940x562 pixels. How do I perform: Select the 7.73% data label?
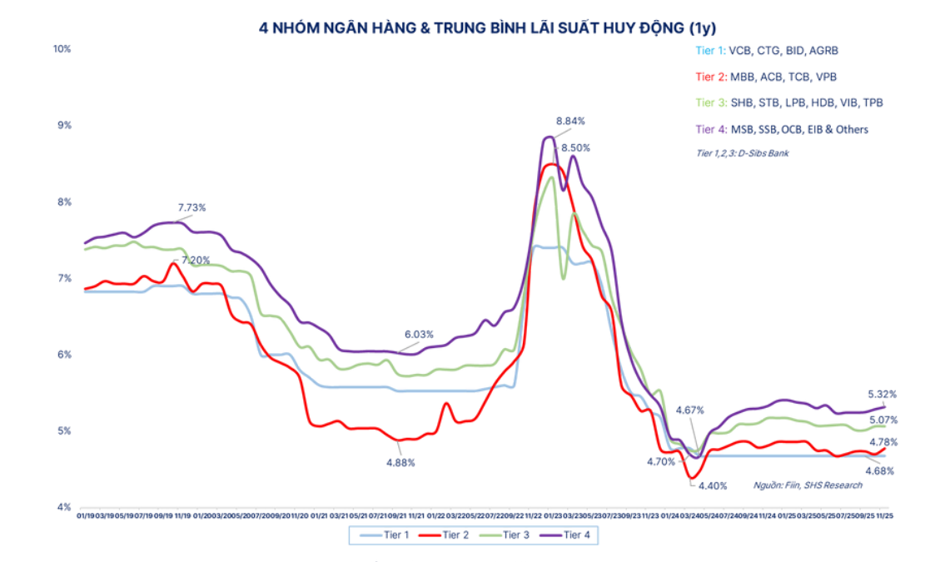tap(191, 206)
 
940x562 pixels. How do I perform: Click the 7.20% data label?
tap(196, 261)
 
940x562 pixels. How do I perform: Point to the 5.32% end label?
tap(883, 394)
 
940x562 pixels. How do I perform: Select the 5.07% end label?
tap(883, 420)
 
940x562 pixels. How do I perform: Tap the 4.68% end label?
tap(881, 470)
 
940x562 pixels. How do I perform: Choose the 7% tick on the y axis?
tap(64, 278)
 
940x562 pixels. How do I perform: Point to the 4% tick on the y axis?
tap(64, 507)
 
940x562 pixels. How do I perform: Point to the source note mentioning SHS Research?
tap(808, 485)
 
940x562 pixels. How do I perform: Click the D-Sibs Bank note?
tap(742, 153)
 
